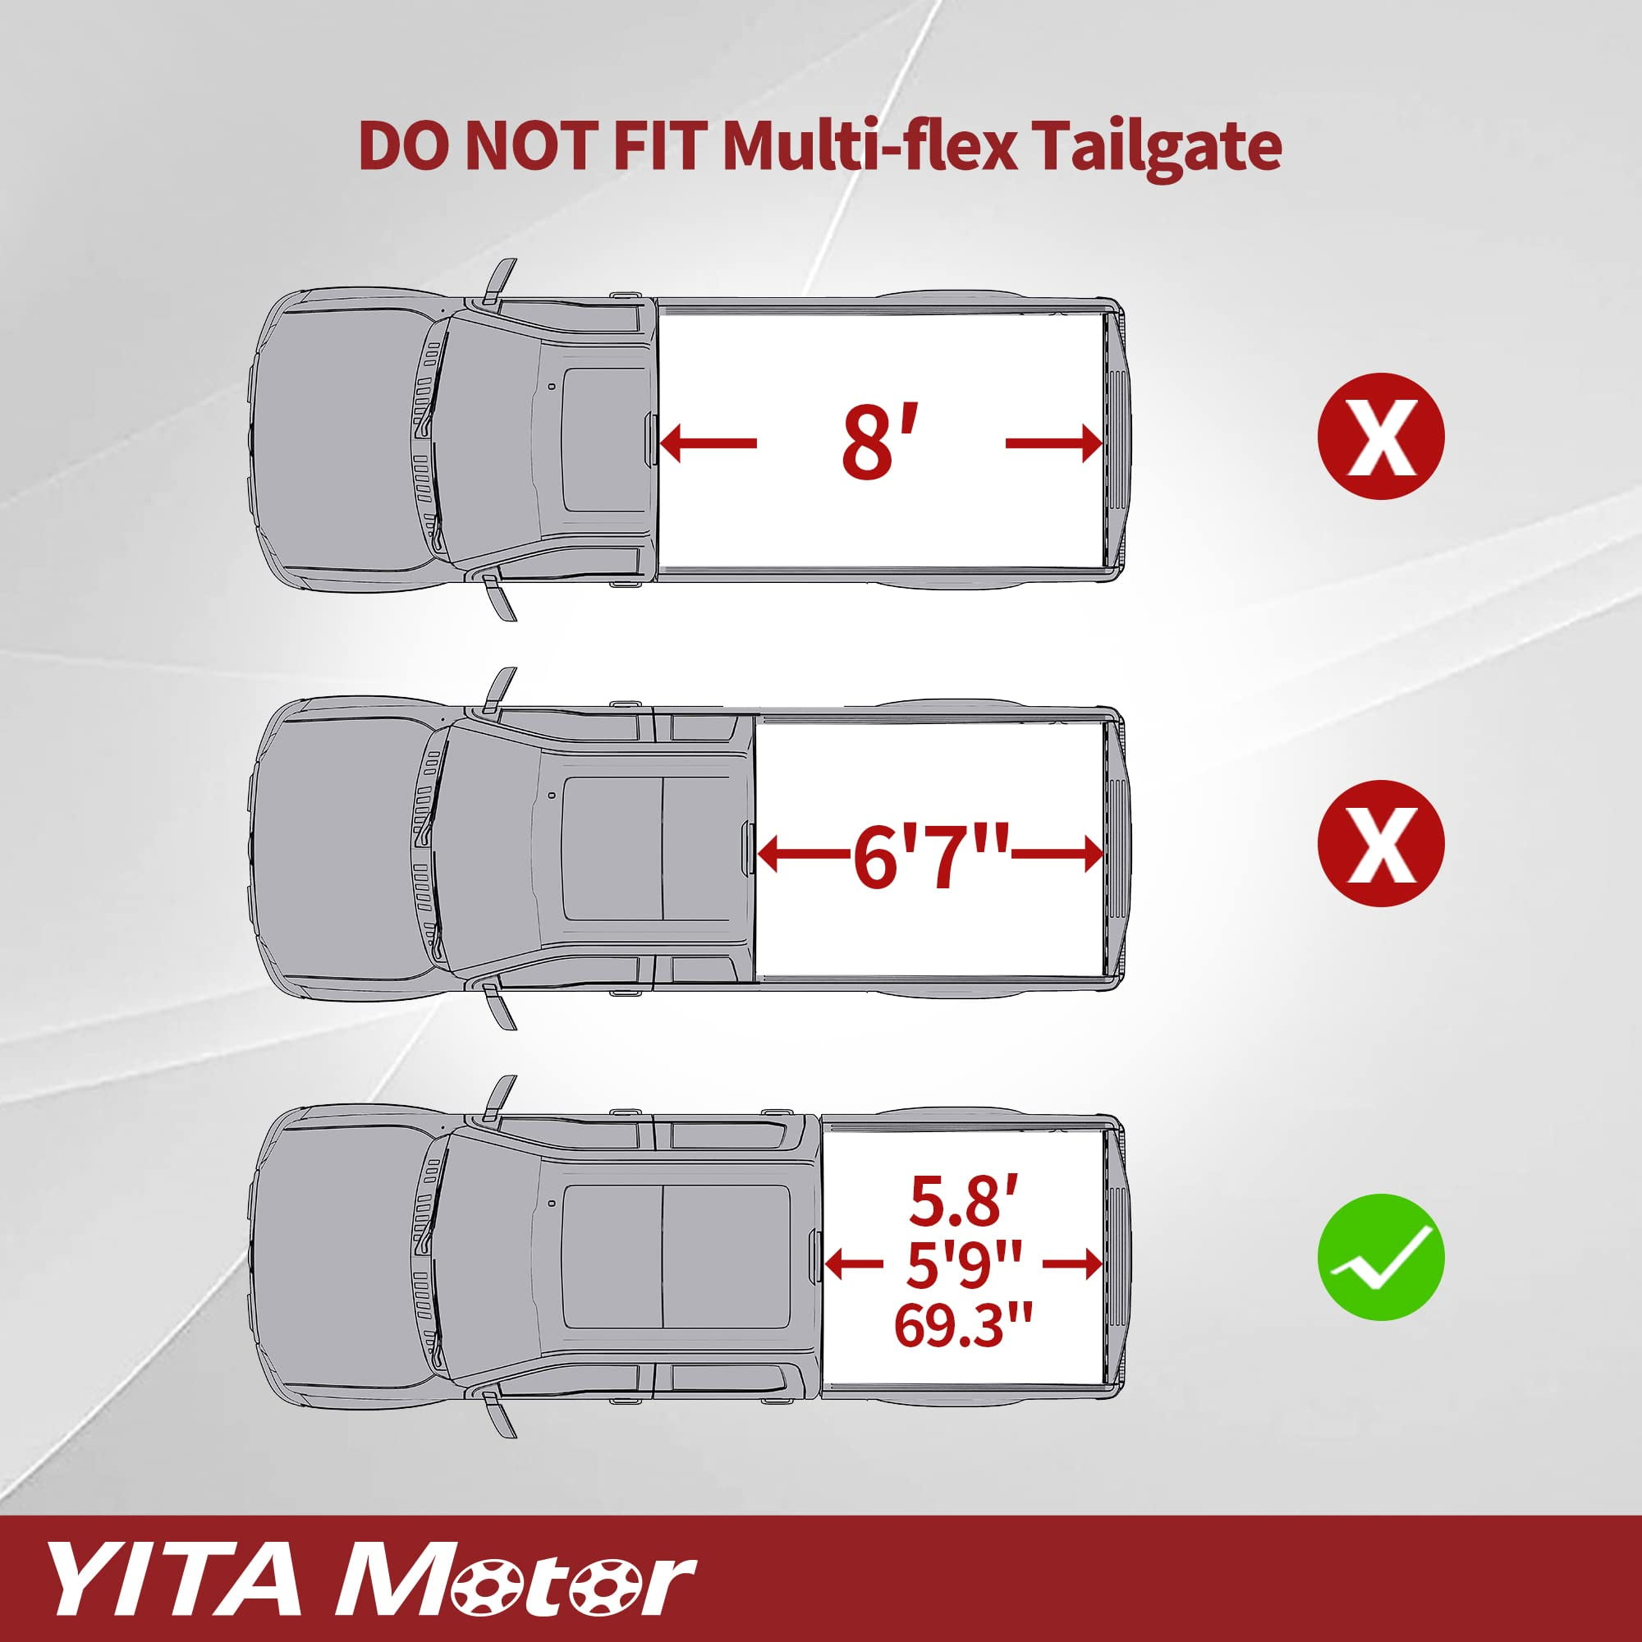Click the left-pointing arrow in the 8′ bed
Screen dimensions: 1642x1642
pos(708,443)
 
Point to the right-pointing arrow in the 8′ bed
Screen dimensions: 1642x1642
pos(1054,443)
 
